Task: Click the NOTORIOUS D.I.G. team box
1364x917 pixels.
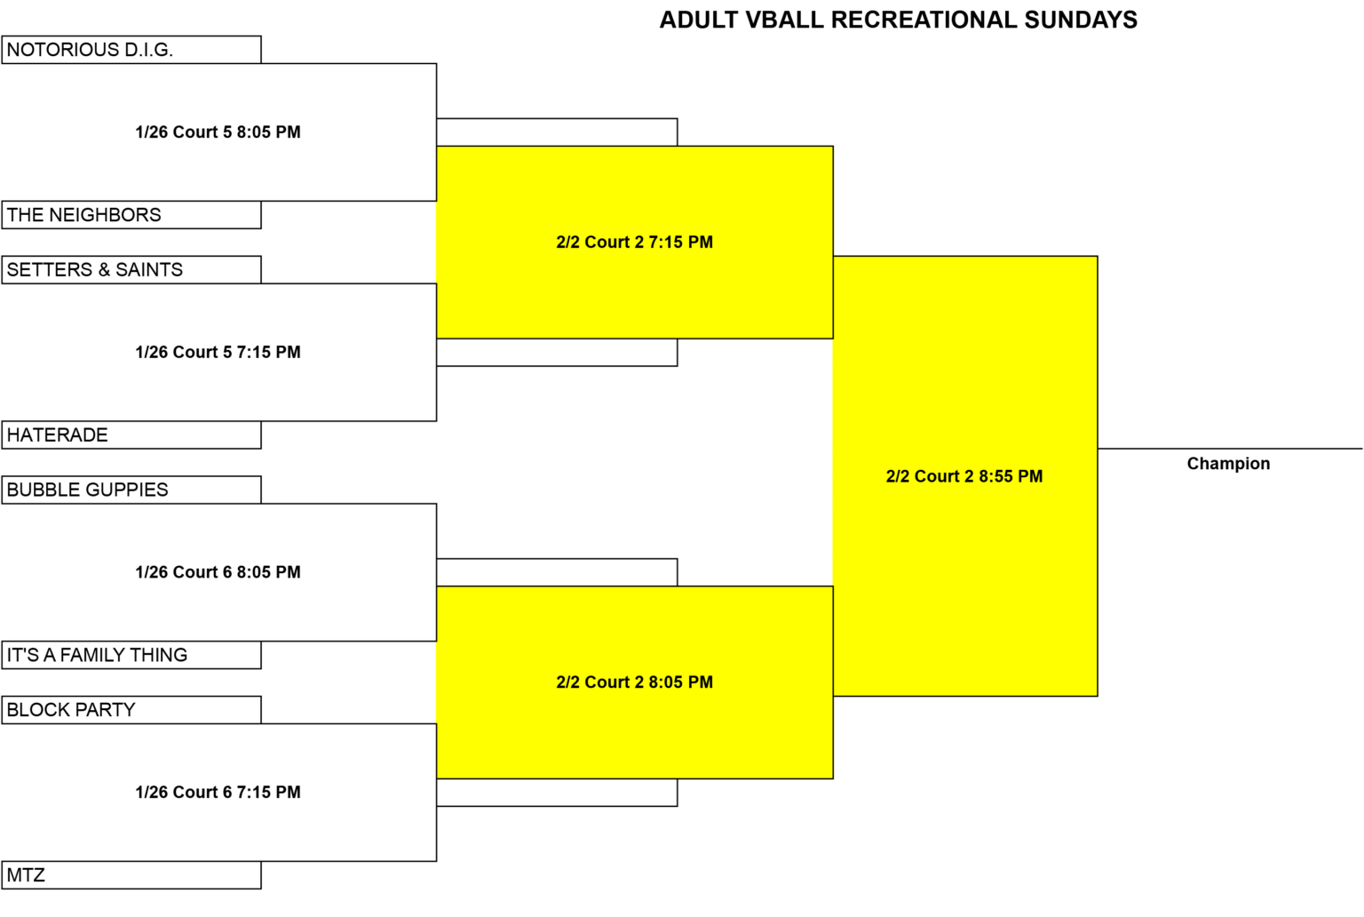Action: (131, 50)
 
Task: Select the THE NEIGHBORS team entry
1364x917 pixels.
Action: (131, 215)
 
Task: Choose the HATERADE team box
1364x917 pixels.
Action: (131, 435)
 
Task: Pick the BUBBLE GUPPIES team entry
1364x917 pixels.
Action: (131, 490)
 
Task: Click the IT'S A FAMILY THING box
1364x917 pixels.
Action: (131, 655)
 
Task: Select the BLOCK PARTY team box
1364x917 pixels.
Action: (131, 710)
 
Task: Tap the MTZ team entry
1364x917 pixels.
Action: (131, 875)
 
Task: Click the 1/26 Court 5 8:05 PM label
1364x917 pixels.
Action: (218, 132)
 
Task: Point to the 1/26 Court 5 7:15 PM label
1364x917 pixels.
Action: (218, 352)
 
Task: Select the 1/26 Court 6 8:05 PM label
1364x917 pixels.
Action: (218, 572)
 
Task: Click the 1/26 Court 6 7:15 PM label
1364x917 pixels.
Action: (218, 792)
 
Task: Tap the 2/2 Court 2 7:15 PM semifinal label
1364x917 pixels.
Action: (635, 243)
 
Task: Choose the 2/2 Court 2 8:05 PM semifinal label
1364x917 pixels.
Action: (635, 682)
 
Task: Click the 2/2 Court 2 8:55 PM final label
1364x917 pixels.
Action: (964, 476)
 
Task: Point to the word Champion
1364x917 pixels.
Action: (1229, 464)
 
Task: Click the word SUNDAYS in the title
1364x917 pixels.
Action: (1081, 20)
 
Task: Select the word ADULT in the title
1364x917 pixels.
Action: (699, 20)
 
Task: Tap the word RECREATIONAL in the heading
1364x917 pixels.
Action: (924, 20)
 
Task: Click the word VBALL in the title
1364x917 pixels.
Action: (785, 20)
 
